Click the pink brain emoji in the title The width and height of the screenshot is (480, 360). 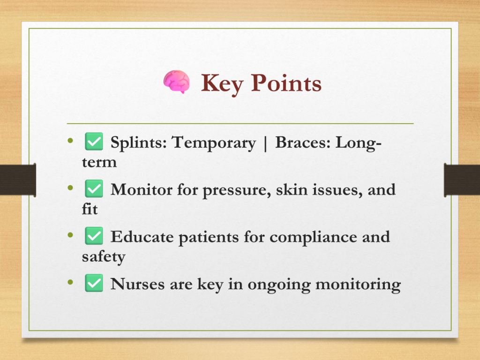tap(176, 82)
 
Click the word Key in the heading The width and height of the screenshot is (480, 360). tap(222, 84)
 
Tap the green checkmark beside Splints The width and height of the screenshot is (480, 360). tap(94, 142)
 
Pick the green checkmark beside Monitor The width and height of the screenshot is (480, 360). tap(94, 188)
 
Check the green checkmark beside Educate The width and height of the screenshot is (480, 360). tap(94, 236)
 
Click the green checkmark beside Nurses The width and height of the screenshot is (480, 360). tap(94, 283)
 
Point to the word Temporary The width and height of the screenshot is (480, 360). tap(213, 143)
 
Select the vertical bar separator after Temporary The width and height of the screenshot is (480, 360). tap(265, 143)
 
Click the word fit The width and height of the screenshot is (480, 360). tap(90, 209)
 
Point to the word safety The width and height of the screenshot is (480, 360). tap(104, 256)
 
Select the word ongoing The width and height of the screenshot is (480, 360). tap(279, 285)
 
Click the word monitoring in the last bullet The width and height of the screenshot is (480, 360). tap(358, 285)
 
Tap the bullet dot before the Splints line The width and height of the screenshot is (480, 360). tap(70, 141)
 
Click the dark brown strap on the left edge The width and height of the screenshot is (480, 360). tap(18, 180)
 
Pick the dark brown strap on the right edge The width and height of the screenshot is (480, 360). tap(462, 180)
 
